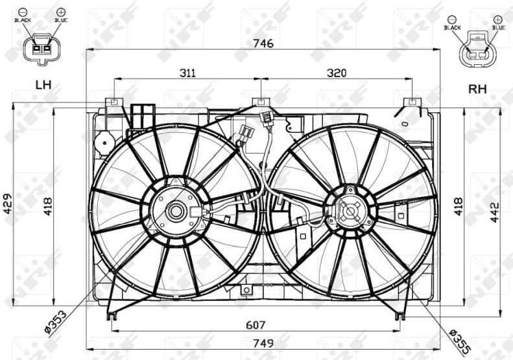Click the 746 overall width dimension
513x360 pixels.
click(x=264, y=43)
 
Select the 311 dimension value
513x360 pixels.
click(x=187, y=73)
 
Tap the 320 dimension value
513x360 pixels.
click(x=337, y=73)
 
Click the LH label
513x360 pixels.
click(x=43, y=84)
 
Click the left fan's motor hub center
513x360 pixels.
click(x=174, y=210)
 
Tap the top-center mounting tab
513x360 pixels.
click(x=261, y=102)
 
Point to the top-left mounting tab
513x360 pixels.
click(x=113, y=102)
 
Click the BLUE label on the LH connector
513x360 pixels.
click(x=61, y=21)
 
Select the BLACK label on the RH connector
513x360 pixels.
click(x=452, y=28)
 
